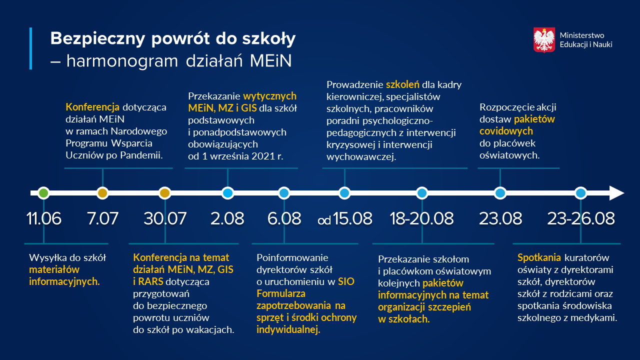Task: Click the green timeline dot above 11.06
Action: (43, 193)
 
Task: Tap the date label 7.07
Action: (102, 218)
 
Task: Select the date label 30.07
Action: (165, 218)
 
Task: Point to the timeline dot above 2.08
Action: (227, 193)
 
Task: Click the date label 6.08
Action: (283, 218)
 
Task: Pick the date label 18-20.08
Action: (421, 218)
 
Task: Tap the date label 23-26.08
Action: (580, 218)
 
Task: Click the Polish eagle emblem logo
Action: (544, 40)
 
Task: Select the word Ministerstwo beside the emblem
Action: (582, 35)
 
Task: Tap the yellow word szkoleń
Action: (402, 84)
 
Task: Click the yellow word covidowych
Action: (506, 131)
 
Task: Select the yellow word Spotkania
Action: (539, 258)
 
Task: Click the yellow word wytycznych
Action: (269, 96)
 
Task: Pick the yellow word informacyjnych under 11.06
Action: (64, 281)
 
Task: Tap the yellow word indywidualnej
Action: (288, 329)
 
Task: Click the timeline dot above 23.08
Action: (500, 193)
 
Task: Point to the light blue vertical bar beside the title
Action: (31, 48)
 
